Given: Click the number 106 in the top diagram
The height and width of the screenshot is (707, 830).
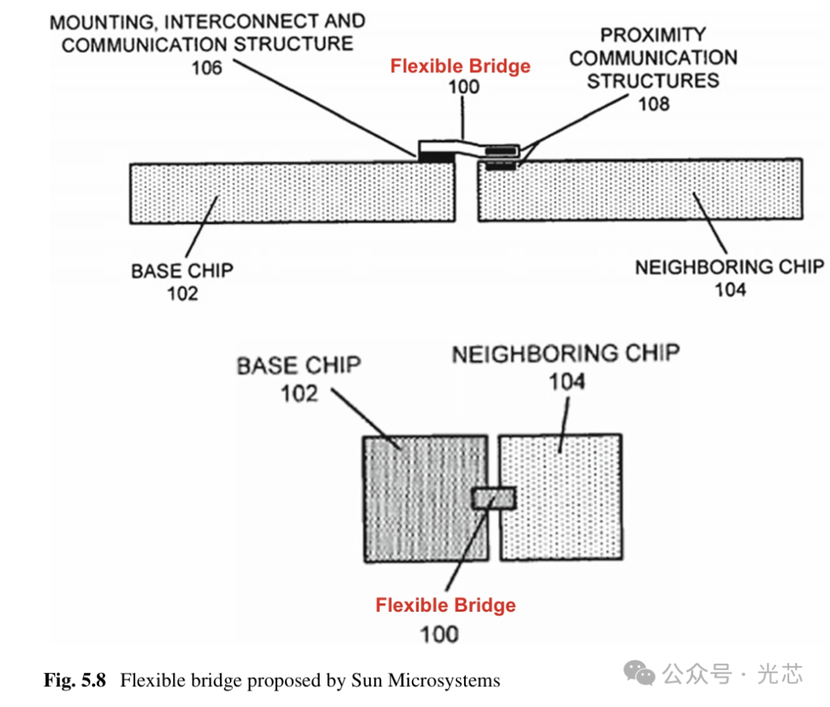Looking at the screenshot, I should (207, 68).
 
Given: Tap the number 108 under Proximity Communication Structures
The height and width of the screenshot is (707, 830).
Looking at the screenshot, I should (653, 103).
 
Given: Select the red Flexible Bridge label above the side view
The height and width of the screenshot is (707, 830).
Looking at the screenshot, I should (460, 66).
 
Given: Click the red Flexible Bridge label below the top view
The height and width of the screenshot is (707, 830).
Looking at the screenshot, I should (446, 605).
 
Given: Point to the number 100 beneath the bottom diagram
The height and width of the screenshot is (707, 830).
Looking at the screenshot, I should (440, 634).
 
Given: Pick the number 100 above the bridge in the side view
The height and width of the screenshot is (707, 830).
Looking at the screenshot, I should (463, 86).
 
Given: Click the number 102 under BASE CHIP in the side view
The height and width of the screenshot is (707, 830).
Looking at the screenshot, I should (182, 293).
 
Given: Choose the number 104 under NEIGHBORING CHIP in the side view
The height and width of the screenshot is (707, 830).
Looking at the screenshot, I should (729, 290).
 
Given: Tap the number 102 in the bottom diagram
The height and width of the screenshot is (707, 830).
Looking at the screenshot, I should (299, 393).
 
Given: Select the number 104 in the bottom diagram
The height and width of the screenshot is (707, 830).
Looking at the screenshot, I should (566, 381).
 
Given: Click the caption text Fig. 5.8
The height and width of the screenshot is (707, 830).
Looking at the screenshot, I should (78, 680).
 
